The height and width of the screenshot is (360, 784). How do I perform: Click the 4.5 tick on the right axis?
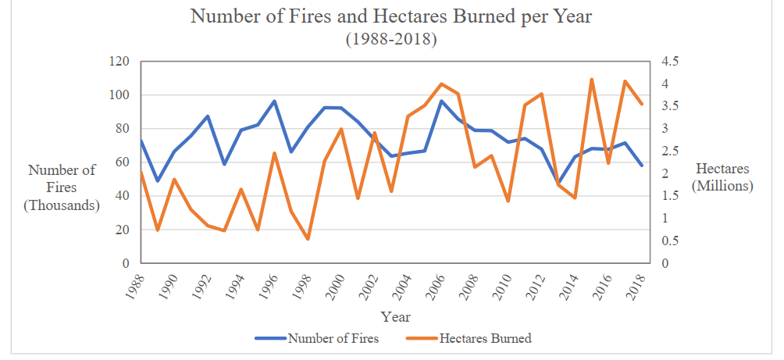(671, 62)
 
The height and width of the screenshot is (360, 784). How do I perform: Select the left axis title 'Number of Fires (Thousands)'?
(62, 187)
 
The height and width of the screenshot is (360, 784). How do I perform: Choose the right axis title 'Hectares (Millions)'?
(722, 177)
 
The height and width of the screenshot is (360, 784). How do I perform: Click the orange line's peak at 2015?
(591, 79)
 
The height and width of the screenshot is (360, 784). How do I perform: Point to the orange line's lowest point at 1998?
(308, 239)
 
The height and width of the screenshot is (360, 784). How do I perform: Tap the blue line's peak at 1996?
(274, 101)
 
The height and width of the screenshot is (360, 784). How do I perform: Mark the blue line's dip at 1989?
(157, 181)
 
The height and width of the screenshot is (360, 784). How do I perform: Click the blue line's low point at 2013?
(558, 184)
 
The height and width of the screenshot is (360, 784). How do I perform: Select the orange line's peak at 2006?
(441, 84)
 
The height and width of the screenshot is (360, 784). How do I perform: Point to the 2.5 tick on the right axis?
(671, 151)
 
